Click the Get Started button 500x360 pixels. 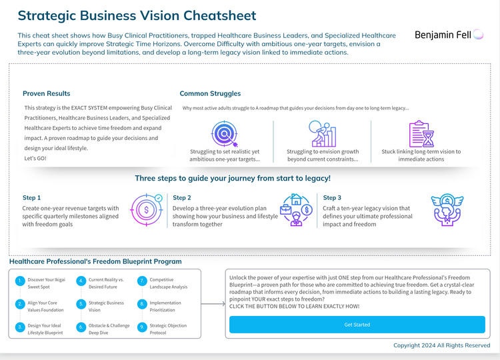(357, 325)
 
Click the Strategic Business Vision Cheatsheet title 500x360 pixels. (137, 15)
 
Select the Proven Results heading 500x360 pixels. (46, 93)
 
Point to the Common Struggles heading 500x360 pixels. (210, 93)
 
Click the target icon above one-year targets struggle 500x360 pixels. (224, 133)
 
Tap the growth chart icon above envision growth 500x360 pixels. (323, 133)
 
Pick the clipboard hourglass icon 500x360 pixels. (421, 133)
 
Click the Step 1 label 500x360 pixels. (31, 198)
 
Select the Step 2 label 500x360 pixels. (182, 198)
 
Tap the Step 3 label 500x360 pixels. (332, 198)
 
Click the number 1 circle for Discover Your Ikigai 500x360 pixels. (20, 281)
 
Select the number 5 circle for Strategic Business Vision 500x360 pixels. (81, 304)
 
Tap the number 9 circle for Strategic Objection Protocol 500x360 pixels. (142, 327)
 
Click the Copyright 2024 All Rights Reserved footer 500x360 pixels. (441, 345)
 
